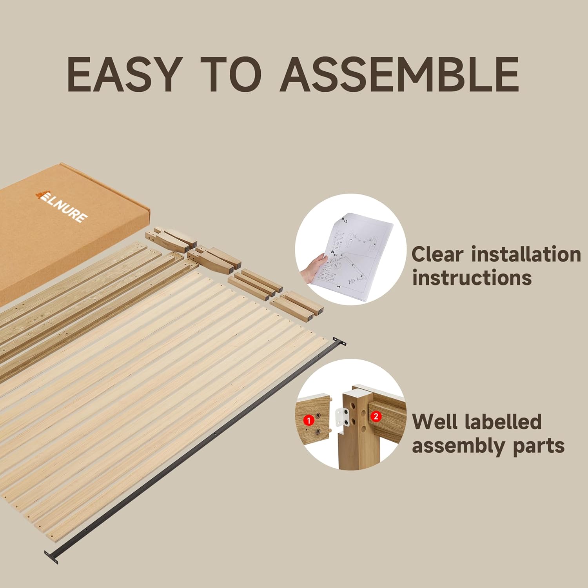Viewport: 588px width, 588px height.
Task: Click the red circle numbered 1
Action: (309, 421)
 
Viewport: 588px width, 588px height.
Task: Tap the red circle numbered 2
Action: (376, 416)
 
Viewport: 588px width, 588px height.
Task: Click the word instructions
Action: (472, 278)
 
